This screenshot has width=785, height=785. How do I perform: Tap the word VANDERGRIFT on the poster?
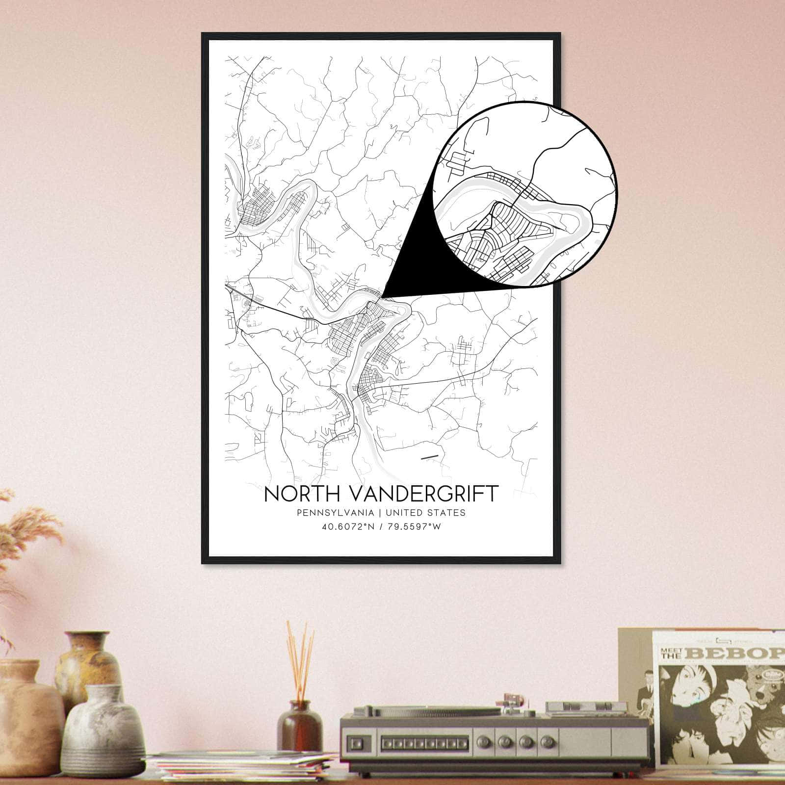click(x=418, y=494)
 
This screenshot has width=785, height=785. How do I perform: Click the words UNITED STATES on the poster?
click(x=425, y=513)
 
